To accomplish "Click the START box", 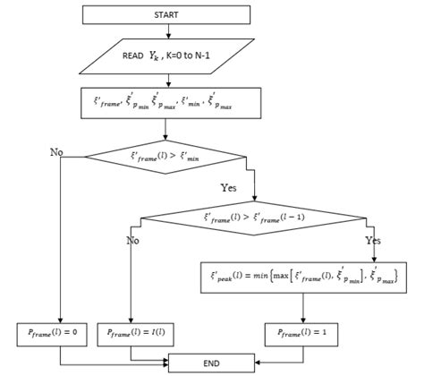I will pyautogui.click(x=165, y=14).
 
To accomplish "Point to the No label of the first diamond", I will pyautogui.click(x=57, y=152).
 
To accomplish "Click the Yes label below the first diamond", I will pyautogui.click(x=230, y=188).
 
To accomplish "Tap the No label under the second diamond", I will pyautogui.click(x=133, y=240).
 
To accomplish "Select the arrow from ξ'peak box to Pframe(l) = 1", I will pyautogui.click(x=305, y=306).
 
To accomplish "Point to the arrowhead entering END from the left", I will pyautogui.click(x=165, y=363).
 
